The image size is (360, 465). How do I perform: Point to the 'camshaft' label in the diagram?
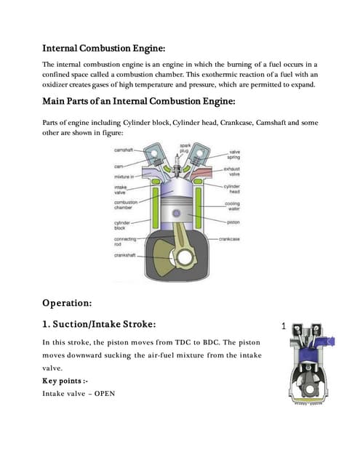coord(124,150)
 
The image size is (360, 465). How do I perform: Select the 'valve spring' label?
coord(235,155)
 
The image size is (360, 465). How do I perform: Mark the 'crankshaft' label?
coord(127,255)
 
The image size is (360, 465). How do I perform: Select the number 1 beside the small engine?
coord(284,328)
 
